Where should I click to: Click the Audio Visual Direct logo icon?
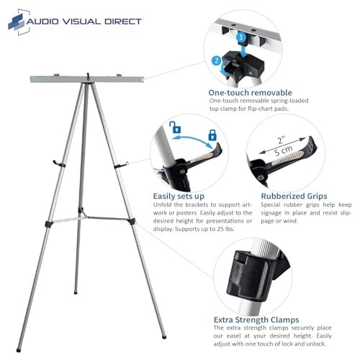[x=19, y=22]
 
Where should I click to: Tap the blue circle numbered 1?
[x=241, y=37]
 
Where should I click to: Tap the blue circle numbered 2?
[x=217, y=60]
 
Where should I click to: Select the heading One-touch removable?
[x=250, y=93]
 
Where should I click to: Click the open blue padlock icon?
[x=175, y=127]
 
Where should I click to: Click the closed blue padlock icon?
[x=212, y=135]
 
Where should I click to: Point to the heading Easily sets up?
[x=179, y=196]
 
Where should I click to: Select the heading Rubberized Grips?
[x=294, y=196]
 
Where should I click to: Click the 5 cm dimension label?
[x=284, y=150]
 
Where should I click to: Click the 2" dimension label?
[x=281, y=140]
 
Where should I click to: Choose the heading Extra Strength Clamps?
[x=256, y=320]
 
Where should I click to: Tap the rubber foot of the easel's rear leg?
[x=76, y=292]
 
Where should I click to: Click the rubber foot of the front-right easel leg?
[x=164, y=337]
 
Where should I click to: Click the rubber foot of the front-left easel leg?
[x=19, y=350]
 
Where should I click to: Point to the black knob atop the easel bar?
[x=88, y=76]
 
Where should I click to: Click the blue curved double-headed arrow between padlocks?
[x=192, y=140]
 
